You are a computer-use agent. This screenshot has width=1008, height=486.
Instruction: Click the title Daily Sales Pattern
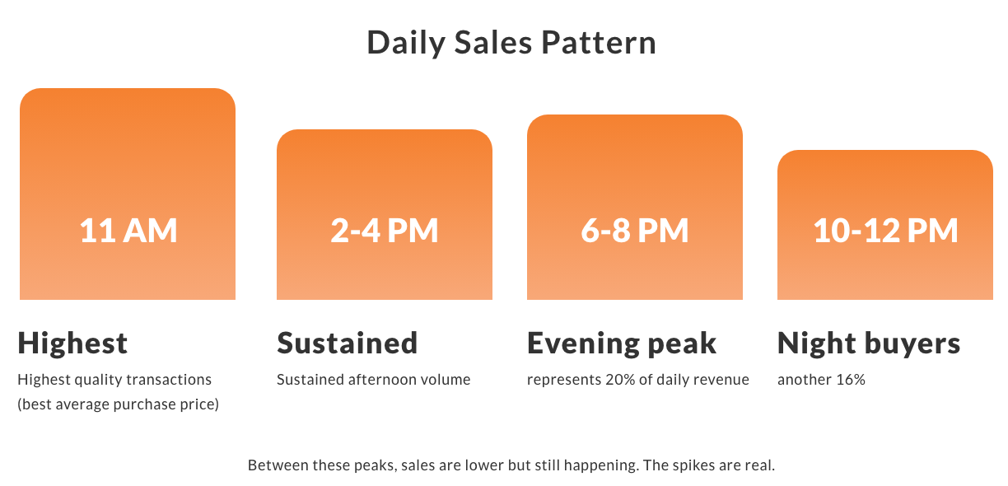pos(511,43)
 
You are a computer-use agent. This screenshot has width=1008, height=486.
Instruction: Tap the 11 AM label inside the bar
pos(128,231)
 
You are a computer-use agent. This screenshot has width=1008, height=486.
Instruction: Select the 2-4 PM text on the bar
pos(385,231)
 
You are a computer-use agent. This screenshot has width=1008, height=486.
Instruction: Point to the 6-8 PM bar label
pos(634,231)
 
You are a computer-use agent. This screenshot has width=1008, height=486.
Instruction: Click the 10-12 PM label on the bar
pos(885,231)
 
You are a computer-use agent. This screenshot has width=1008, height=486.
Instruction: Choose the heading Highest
pos(73,343)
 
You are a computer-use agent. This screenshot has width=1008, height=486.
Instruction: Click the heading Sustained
pos(348,343)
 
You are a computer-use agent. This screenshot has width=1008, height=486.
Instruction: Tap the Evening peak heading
pos(622,344)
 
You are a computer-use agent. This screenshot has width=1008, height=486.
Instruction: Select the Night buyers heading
pos(869,344)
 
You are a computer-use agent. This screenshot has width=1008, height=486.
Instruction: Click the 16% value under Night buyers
pos(851,380)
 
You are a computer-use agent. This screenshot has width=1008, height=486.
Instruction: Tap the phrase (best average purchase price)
pos(119,404)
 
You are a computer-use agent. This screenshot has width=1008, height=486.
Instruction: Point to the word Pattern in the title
pos(599,43)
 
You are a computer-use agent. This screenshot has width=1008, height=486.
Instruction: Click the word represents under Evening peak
pos(563,381)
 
